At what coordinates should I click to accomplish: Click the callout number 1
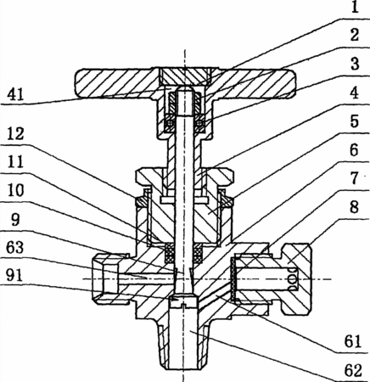[356, 8]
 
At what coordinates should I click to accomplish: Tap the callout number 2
[354, 36]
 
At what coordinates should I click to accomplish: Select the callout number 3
[355, 64]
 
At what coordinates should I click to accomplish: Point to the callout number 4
[354, 93]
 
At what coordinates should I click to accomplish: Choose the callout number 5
[354, 121]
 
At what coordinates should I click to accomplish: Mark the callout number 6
[354, 149]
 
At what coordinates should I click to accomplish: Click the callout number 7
[354, 178]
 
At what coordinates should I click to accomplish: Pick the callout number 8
[354, 207]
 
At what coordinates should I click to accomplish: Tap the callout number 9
[15, 219]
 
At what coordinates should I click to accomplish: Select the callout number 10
[16, 190]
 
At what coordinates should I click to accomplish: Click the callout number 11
[16, 162]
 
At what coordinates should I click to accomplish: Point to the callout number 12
[16, 133]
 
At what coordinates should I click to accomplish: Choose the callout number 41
[16, 94]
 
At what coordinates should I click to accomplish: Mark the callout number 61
[353, 341]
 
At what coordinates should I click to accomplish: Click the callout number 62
[353, 370]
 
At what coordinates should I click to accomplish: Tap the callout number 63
[16, 247]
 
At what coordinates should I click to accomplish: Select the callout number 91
[16, 276]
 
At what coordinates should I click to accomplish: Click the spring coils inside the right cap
[292, 279]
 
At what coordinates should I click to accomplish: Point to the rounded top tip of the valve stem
[184, 90]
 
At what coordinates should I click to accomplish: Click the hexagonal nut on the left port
[111, 278]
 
